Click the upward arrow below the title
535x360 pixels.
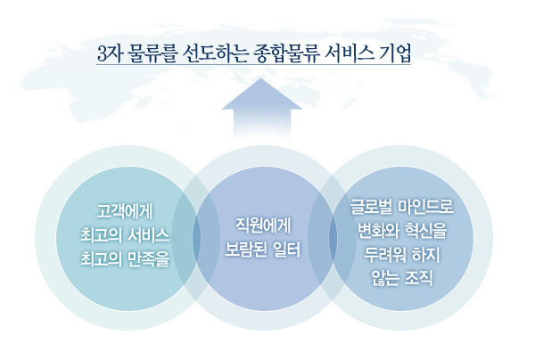[x=261, y=108]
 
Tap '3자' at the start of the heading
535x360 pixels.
[x=109, y=53]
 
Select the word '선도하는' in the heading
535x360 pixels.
[x=215, y=53]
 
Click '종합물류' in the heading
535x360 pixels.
[x=286, y=53]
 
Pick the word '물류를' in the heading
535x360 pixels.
[x=152, y=53]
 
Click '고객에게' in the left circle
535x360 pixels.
[x=125, y=211]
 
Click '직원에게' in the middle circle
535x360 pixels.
[x=263, y=225]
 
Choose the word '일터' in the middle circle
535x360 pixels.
[x=287, y=250]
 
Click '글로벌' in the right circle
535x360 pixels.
[x=371, y=206]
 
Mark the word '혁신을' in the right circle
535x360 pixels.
[x=426, y=231]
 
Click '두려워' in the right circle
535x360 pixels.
[x=384, y=255]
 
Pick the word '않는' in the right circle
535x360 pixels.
[x=385, y=279]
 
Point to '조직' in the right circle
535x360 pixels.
[x=419, y=279]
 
